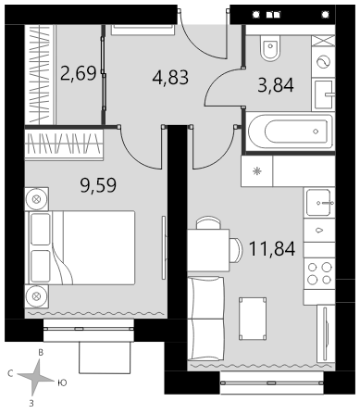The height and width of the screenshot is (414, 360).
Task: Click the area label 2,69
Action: [x=79, y=73]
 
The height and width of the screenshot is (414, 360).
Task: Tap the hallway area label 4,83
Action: [x=170, y=77]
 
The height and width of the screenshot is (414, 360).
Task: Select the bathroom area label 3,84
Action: [x=276, y=85]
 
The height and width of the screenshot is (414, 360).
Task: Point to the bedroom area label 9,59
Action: [x=98, y=185]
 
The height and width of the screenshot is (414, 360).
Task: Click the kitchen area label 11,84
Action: [x=272, y=249]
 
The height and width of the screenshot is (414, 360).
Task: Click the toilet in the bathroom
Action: [x=270, y=48]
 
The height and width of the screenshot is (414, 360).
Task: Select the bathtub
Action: [x=291, y=132]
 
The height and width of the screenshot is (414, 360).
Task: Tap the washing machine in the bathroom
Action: [x=323, y=62]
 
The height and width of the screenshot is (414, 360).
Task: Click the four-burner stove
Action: [x=319, y=273]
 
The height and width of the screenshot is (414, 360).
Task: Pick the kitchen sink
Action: [x=319, y=203]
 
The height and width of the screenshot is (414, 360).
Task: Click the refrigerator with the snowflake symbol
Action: [x=257, y=171]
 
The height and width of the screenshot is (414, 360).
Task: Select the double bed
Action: [x=81, y=247]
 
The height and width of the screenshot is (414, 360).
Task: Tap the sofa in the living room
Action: [x=205, y=318]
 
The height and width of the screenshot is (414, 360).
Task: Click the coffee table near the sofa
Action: [x=253, y=319]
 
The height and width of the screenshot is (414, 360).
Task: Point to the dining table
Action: [x=208, y=250]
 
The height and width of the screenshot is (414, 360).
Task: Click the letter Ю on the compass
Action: [x=62, y=383]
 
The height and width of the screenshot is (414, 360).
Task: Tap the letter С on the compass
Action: [x=10, y=374]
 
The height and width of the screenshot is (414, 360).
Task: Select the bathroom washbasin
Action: [x=323, y=94]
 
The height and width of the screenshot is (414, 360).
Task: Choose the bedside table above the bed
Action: [x=37, y=199]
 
